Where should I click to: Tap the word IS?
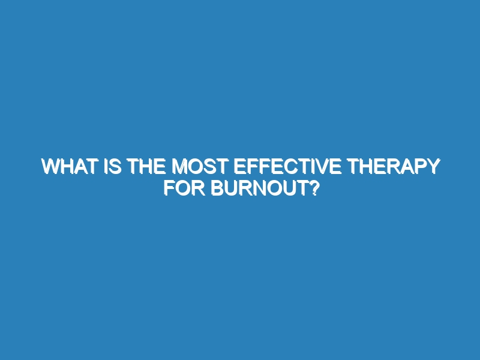[113, 166]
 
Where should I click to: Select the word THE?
[145, 166]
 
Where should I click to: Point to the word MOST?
[200, 166]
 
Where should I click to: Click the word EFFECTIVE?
[288, 166]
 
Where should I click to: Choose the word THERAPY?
[394, 166]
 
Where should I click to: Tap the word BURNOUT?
[260, 188]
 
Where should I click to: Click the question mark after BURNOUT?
[313, 188]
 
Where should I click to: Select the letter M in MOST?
[179, 166]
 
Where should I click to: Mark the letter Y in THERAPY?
[433, 166]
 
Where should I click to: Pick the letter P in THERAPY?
[418, 166]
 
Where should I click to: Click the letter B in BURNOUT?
[218, 188]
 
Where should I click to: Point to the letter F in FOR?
[170, 188]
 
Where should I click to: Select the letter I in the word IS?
[106, 166]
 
